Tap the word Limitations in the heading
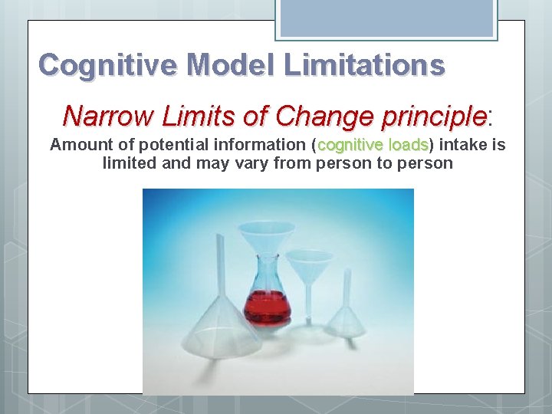pos(364,64)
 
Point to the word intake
pos(463,145)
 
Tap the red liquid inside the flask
pos(267,307)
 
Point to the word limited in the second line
pos(130,163)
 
